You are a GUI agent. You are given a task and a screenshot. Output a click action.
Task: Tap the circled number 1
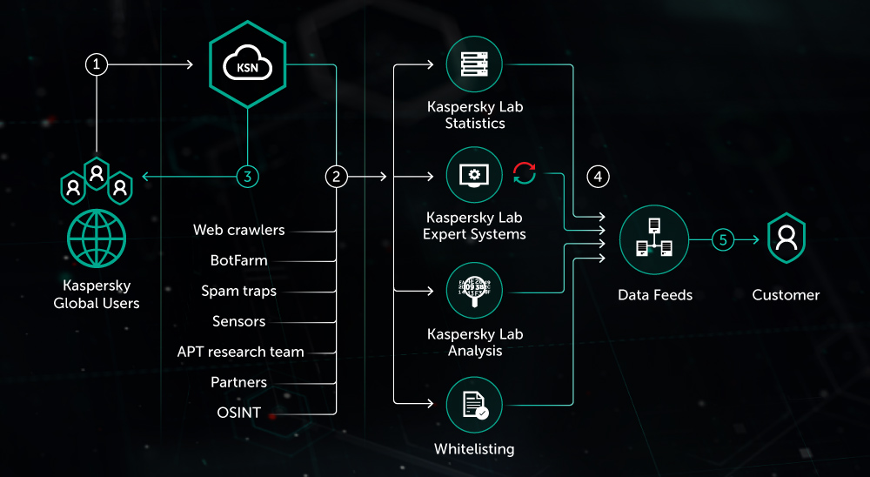click(97, 64)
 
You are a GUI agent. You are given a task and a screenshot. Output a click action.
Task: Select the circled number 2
click(336, 177)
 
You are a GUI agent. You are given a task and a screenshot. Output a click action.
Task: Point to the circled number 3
click(248, 177)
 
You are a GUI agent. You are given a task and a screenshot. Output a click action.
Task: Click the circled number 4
click(598, 177)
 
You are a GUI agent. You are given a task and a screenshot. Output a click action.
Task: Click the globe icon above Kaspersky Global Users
click(96, 238)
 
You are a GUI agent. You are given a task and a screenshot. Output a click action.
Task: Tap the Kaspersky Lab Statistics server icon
click(474, 64)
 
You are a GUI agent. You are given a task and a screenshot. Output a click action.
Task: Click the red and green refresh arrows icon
click(525, 174)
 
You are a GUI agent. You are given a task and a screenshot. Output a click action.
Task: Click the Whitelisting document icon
click(474, 405)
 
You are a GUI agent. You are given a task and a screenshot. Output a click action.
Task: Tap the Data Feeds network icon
click(654, 239)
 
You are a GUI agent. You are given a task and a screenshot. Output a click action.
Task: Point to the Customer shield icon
click(786, 238)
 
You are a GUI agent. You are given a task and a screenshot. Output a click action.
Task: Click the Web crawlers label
click(238, 231)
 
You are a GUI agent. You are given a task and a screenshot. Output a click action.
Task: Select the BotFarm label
click(239, 260)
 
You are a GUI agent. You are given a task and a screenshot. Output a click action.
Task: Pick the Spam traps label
click(238, 291)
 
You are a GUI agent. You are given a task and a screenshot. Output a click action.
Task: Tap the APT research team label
click(240, 352)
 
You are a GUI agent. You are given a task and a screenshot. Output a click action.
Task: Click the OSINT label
click(238, 413)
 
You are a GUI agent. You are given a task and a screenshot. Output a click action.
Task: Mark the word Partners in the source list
click(238, 382)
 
